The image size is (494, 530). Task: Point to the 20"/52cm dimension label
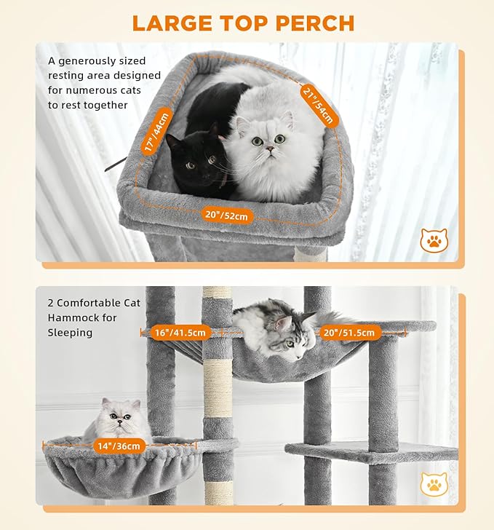point(226,215)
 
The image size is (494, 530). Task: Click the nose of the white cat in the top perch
point(269,149)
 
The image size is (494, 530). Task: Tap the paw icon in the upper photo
point(434,240)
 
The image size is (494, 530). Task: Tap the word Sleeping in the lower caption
point(70,332)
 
